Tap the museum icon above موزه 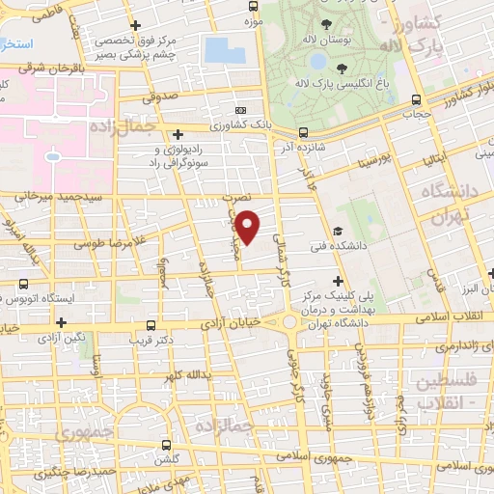click(254, 6)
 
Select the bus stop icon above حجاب click(416, 99)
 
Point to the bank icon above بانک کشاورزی click(240, 111)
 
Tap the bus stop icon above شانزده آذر click(303, 132)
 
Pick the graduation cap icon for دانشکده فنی click(337, 231)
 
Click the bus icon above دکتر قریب click(150, 325)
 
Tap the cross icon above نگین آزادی click(62, 322)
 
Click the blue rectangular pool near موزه click(223, 49)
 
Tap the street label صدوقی click(161, 97)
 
